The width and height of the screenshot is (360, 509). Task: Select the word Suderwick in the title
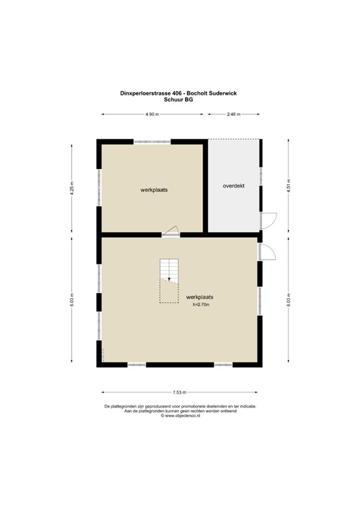point(223,93)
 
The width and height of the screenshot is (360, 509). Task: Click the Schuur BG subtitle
point(180,99)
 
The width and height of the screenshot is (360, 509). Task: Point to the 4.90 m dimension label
point(152,115)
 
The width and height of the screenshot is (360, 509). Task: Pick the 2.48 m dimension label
point(233,115)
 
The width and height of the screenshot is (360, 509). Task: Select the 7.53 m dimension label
point(180,392)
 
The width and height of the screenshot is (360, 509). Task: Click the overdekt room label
point(233,186)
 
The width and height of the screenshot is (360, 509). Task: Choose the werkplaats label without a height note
point(154,190)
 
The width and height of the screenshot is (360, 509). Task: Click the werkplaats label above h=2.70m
point(200,297)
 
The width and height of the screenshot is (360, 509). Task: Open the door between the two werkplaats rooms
point(171,231)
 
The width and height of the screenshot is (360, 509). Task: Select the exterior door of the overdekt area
point(269,221)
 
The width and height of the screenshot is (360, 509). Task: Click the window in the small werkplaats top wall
point(152,142)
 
